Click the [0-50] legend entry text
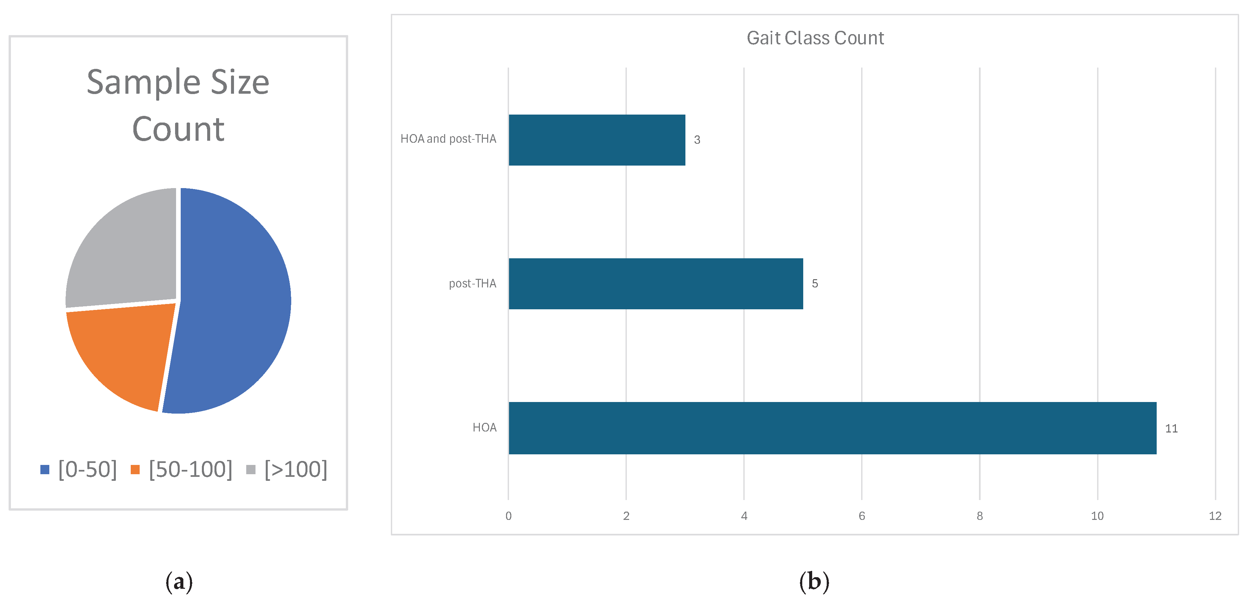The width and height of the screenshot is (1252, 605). (87, 469)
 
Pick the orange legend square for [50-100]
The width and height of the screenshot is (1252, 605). (135, 469)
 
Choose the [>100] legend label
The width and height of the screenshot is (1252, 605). (296, 469)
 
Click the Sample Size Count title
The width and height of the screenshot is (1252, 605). (178, 105)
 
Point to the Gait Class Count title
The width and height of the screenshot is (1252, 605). (815, 38)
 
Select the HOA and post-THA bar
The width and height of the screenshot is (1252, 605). (597, 140)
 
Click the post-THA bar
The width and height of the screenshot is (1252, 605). (656, 283)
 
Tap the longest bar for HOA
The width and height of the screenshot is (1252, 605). (832, 428)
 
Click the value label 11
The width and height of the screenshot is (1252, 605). (1171, 429)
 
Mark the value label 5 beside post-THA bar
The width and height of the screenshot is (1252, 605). (815, 283)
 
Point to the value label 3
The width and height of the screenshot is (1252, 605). (697, 140)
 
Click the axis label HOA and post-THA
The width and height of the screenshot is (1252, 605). (448, 139)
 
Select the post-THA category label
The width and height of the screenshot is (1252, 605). (472, 283)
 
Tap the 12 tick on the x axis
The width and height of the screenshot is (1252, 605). (1215, 516)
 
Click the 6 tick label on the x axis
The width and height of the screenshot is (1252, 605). (862, 516)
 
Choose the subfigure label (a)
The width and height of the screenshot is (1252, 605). (179, 582)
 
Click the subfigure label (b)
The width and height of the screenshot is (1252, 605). (814, 582)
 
